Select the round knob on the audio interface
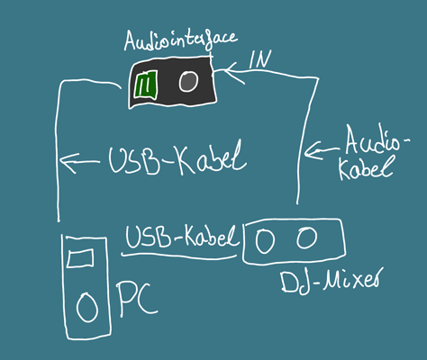[x=187, y=82]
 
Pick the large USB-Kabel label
[x=176, y=162]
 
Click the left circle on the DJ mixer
[x=265, y=240]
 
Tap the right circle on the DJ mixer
[x=307, y=238]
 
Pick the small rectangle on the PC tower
[x=82, y=259]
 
